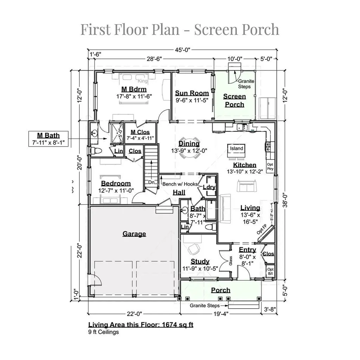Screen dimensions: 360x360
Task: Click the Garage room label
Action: click(134, 234)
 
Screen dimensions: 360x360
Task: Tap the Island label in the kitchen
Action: click(237, 148)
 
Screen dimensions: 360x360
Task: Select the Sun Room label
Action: click(192, 93)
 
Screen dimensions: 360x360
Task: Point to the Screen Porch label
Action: click(234, 100)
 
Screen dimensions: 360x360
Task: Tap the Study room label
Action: click(200, 261)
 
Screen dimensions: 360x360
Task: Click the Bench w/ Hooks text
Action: click(178, 184)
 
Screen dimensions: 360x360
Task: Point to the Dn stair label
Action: click(151, 182)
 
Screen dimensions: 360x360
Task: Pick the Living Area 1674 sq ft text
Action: click(141, 324)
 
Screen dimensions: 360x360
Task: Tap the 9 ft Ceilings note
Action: click(103, 332)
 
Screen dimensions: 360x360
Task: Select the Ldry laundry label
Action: click(209, 187)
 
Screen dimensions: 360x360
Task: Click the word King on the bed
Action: click(143, 81)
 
